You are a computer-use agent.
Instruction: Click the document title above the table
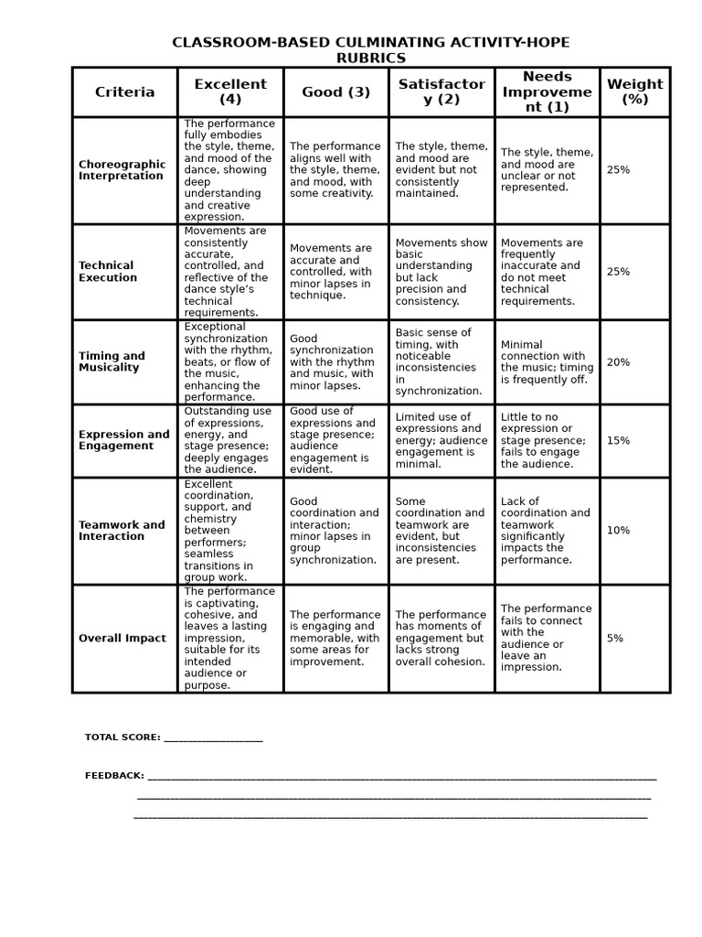370,50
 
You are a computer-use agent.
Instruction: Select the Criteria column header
125,92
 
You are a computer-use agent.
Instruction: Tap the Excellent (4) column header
230,92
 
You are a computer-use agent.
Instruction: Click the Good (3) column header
336,92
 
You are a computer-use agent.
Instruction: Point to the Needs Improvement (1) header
548,92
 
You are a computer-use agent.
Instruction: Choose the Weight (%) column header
635,92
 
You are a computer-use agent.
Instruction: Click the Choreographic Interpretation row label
122,170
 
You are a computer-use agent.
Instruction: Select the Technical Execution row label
108,272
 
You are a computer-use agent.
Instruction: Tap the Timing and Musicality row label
112,361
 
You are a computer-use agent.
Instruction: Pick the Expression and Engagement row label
123,440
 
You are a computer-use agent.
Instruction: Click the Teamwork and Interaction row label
122,531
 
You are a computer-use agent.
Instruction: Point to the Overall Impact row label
122,639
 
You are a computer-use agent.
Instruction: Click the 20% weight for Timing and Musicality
618,362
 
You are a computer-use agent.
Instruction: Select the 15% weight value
618,441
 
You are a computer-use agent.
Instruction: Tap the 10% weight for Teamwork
618,531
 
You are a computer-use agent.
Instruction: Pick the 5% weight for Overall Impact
615,639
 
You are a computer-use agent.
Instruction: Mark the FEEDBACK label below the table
114,776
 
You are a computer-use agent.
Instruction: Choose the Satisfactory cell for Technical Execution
441,272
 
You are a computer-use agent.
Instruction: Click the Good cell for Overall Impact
335,639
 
